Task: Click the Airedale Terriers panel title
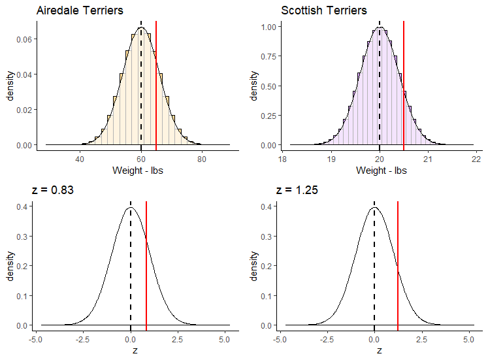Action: [x=80, y=10]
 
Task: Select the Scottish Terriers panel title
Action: [x=324, y=10]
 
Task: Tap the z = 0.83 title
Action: [x=53, y=191]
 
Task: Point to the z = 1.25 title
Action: [x=297, y=191]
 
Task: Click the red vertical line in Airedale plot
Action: [x=156, y=85]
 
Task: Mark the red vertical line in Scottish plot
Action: [x=404, y=85]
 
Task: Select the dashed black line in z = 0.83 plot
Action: [x=131, y=261]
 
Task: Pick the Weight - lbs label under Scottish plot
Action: [x=382, y=171]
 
